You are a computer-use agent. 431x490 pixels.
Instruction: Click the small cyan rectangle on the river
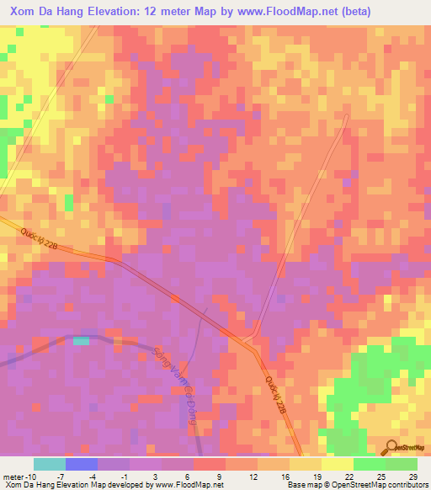coord(81,340)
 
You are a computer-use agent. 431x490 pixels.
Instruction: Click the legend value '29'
coord(412,476)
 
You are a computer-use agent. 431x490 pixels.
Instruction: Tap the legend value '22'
coord(348,476)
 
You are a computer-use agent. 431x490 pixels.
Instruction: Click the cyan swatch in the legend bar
coord(49,464)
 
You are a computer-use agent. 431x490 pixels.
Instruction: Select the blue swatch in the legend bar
coord(81,464)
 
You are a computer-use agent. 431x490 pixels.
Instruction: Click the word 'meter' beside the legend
coord(12,476)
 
